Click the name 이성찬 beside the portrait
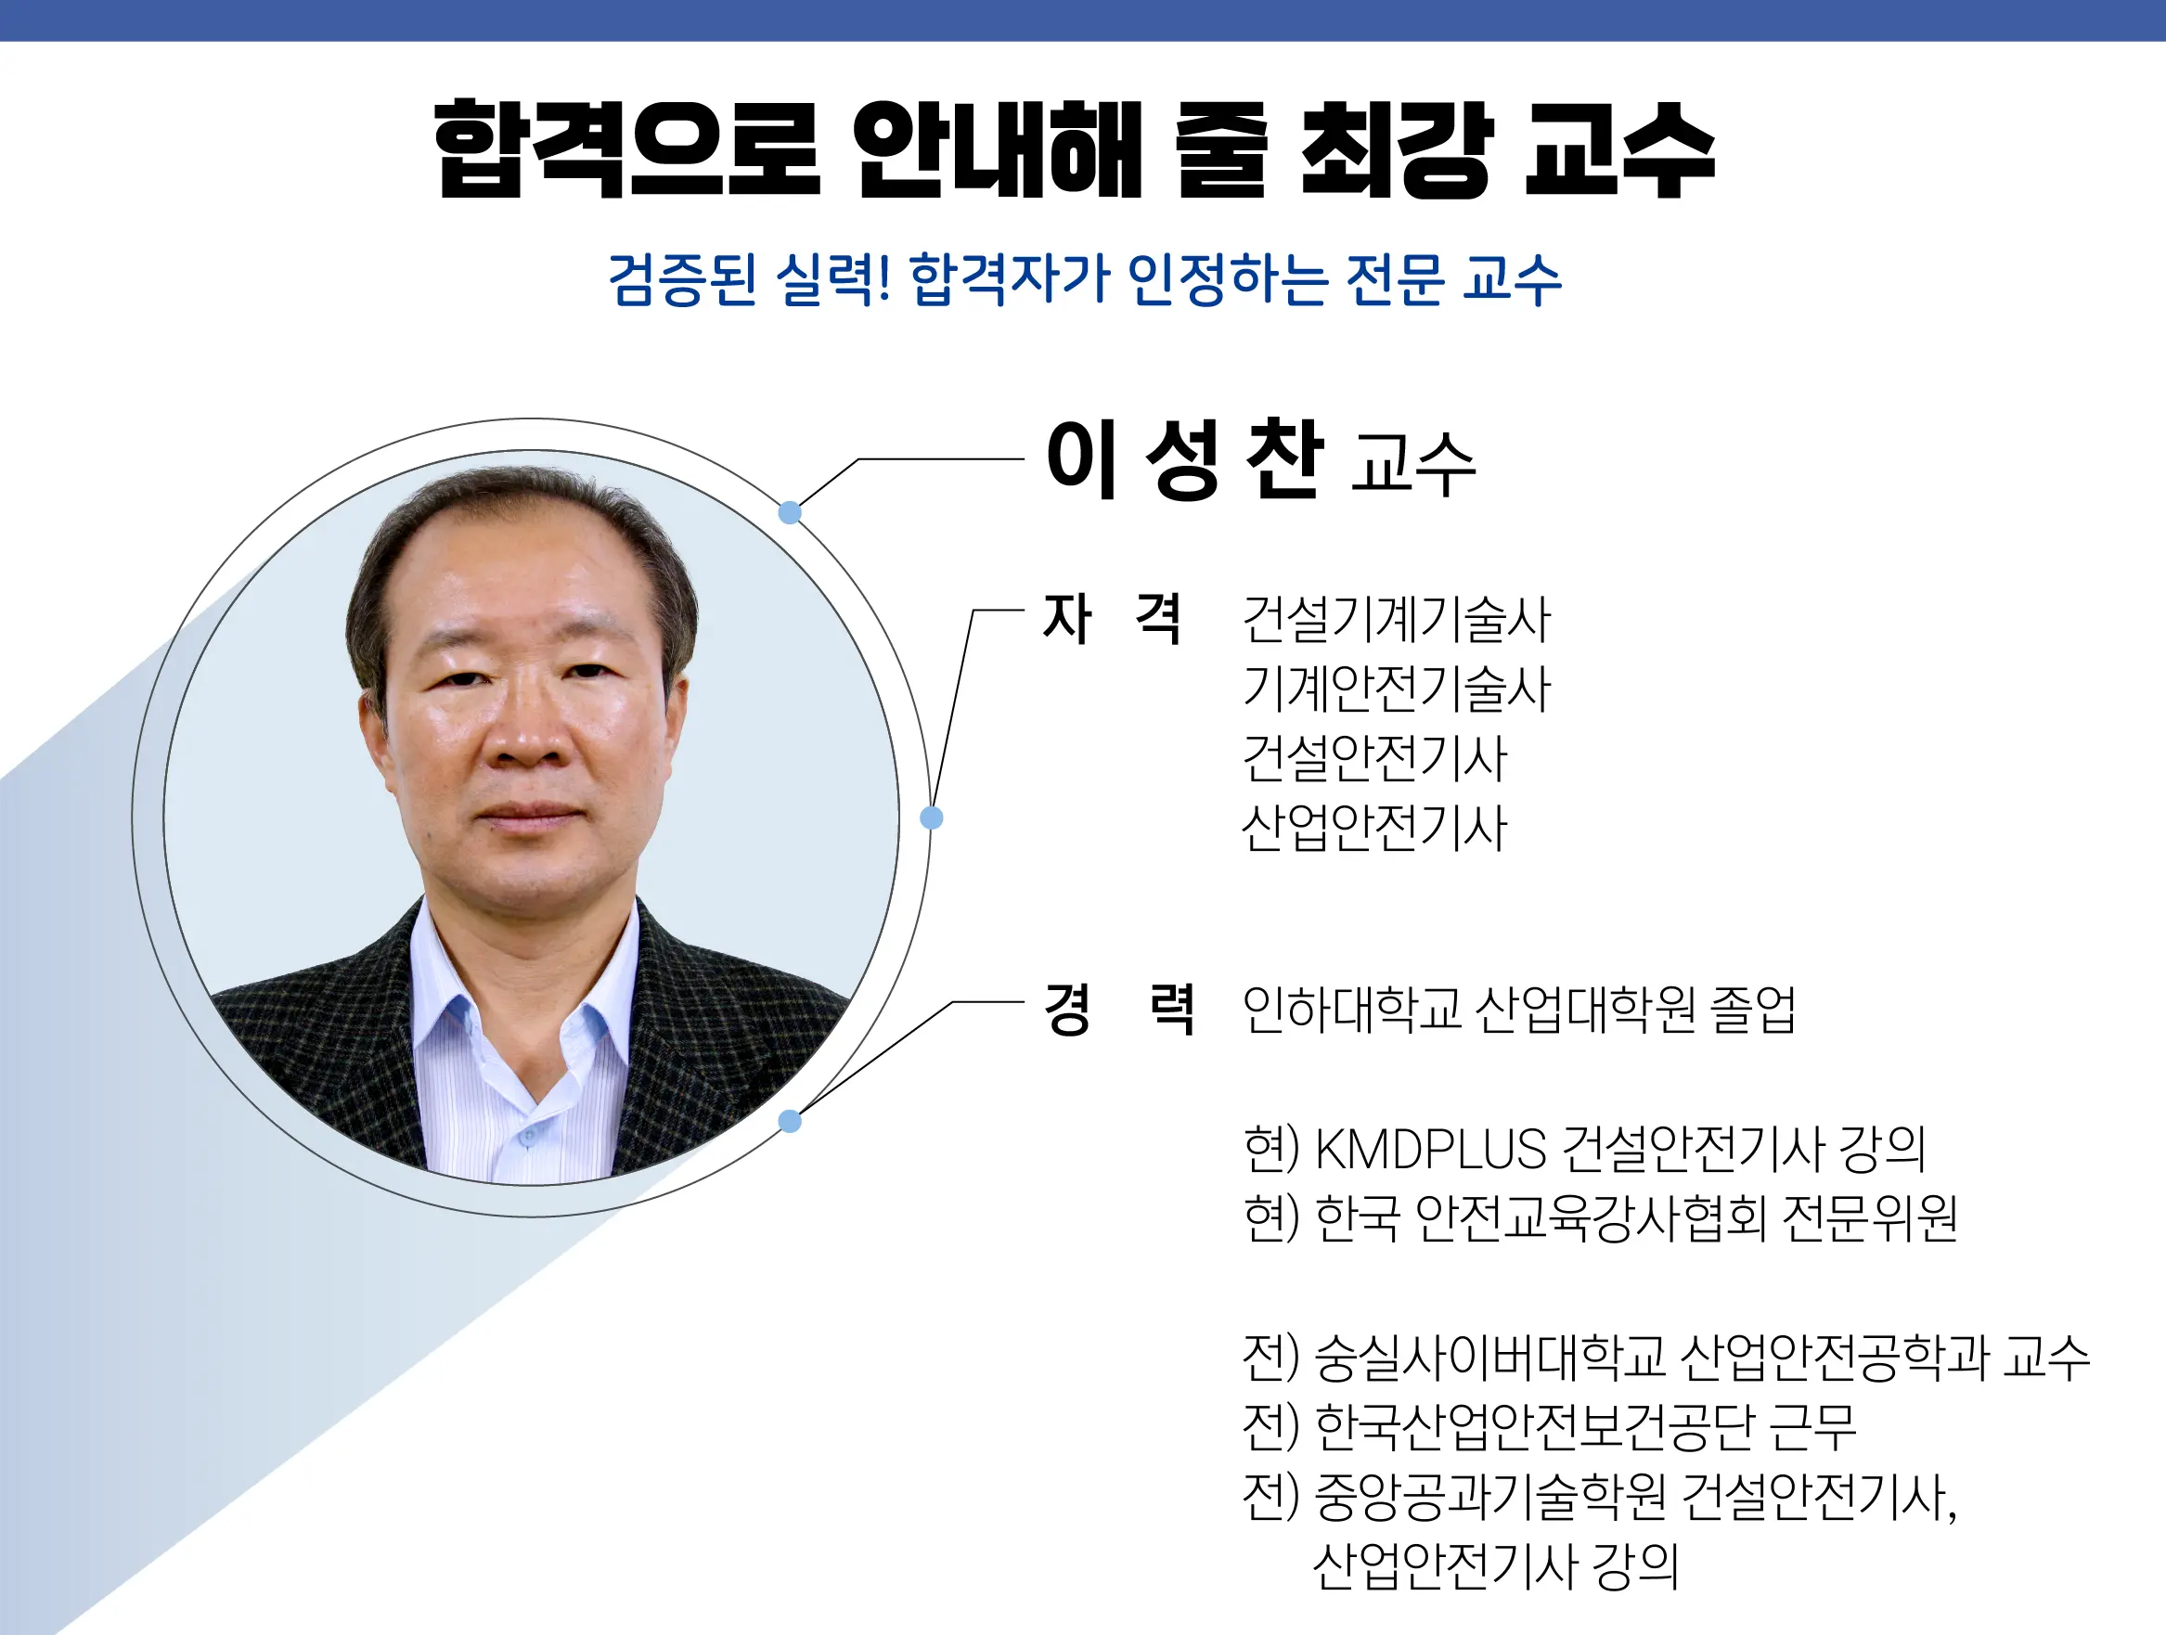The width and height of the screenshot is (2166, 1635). coord(1185,459)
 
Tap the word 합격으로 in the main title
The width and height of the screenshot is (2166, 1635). coord(626,149)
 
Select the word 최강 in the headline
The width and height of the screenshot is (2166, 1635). coord(1397,149)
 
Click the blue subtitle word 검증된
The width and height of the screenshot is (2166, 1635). coord(682,279)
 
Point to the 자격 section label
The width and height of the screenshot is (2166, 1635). coord(1113,619)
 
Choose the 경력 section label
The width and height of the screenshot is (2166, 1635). coord(1119,1009)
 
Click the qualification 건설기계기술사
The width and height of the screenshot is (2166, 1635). coord(1397,620)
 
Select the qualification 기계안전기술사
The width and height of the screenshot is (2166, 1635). coord(1397,689)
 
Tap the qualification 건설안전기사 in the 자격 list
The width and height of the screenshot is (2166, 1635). coord(1373,758)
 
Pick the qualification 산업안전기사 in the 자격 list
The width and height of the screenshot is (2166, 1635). coord(1373,828)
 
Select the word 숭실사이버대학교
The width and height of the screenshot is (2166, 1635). coord(1489,1358)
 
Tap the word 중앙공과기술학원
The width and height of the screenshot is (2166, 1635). coord(1489,1497)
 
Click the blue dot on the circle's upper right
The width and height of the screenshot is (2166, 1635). coord(791,512)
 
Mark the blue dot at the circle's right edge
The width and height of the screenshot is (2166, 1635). coord(933,817)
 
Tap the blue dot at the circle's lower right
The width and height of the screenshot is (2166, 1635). coord(791,1121)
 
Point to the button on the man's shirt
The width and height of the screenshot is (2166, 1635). coord(528,1138)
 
